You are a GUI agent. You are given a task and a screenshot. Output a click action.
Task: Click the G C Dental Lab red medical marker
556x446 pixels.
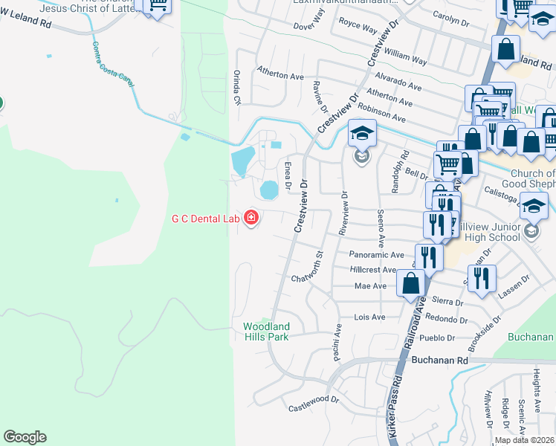(251, 219)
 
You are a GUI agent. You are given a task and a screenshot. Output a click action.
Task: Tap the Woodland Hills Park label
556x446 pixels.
(266, 331)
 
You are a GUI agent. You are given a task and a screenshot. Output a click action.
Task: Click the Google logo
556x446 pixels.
(25, 437)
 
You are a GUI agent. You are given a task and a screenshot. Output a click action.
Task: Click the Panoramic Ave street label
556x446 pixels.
(375, 254)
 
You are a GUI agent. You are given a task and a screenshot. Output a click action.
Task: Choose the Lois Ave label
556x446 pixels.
(369, 317)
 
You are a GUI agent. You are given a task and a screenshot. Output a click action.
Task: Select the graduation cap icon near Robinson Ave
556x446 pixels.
(362, 134)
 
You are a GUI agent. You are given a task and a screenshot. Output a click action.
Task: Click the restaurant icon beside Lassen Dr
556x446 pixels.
(483, 279)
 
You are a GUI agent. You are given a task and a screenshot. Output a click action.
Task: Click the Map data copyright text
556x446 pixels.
(523, 440)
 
